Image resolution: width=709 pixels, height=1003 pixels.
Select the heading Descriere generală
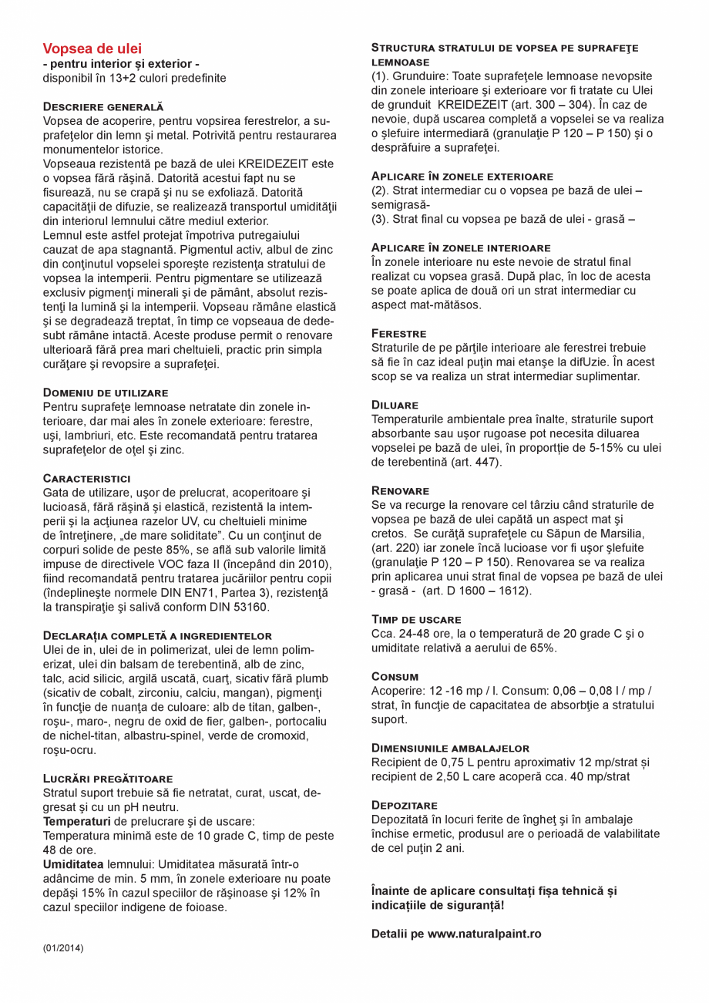(x=102, y=106)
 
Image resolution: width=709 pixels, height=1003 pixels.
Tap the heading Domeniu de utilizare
(x=105, y=392)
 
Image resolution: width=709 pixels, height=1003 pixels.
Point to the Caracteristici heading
(x=86, y=478)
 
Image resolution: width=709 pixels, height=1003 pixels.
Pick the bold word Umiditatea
(x=72, y=864)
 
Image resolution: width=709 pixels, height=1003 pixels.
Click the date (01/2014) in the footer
(x=63, y=947)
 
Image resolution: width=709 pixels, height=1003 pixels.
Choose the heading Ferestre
(x=398, y=333)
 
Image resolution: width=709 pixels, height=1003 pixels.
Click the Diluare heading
(x=395, y=405)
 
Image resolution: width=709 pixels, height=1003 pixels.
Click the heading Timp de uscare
(x=416, y=619)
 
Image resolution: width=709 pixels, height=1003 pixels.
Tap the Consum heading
(x=395, y=676)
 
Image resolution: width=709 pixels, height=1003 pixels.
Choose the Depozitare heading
(x=404, y=805)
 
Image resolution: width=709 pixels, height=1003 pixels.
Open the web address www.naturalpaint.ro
(x=484, y=934)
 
